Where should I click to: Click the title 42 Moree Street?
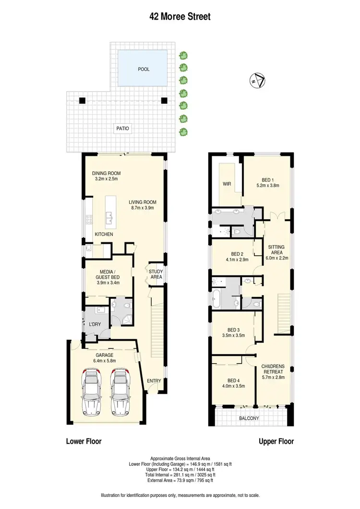click(x=180, y=17)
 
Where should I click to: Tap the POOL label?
click(x=144, y=69)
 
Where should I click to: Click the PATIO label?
click(x=122, y=129)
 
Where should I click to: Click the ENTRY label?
click(x=154, y=381)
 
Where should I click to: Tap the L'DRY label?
click(x=94, y=325)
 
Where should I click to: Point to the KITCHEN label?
click(x=104, y=234)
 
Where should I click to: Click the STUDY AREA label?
click(x=156, y=274)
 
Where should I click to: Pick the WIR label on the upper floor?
click(x=227, y=184)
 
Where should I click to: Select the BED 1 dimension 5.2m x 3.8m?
click(x=268, y=185)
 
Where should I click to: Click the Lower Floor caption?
click(x=84, y=441)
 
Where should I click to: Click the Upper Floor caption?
click(x=276, y=441)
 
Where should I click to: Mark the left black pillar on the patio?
click(x=82, y=101)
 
